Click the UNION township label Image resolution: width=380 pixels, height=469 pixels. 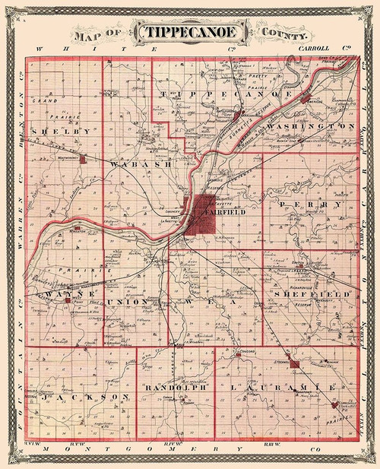click(x=127, y=302)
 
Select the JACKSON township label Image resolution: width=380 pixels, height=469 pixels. click(x=79, y=398)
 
